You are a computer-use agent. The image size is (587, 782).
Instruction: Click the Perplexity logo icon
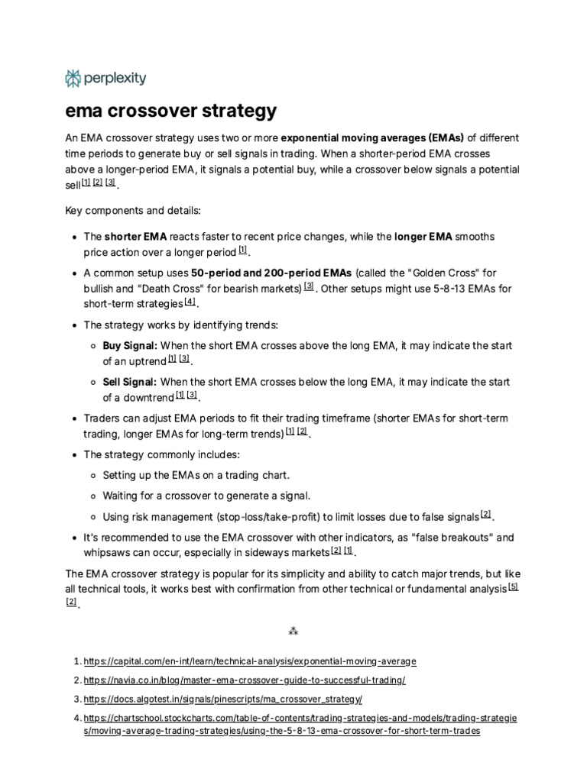pos(73,78)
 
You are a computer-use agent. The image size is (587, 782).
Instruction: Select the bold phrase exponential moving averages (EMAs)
pos(372,138)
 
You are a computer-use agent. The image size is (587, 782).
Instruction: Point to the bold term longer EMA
pos(423,237)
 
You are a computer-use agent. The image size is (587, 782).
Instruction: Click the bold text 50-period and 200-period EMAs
pos(271,273)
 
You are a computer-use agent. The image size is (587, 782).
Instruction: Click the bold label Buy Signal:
pos(130,346)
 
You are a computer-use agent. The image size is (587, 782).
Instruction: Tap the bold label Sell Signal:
pos(130,382)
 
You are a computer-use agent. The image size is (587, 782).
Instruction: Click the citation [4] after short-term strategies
pos(190,302)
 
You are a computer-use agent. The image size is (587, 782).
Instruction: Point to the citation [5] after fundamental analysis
pos(513,587)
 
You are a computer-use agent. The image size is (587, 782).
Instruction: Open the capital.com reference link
pos(250,661)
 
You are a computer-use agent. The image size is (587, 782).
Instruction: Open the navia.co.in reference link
pos(245,680)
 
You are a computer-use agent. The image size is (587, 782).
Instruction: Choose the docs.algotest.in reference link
pos(222,699)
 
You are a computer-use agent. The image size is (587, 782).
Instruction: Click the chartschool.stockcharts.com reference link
pos(300,718)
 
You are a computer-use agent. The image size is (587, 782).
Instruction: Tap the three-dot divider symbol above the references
pos(293,631)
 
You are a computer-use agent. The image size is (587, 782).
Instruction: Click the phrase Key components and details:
pos(132,209)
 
